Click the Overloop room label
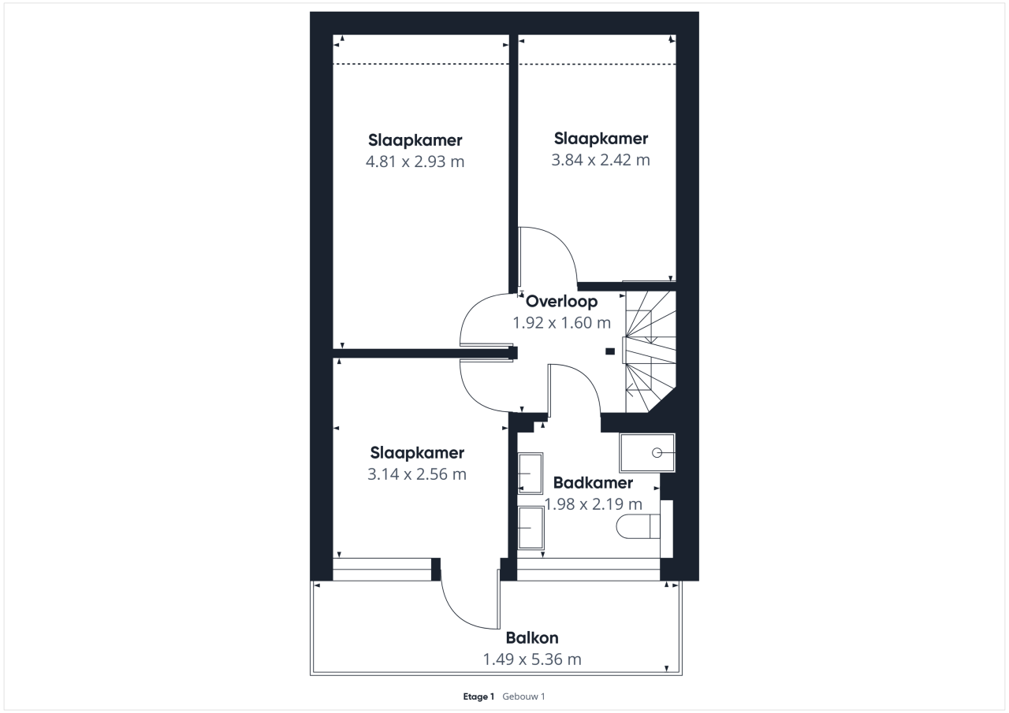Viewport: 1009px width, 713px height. click(562, 301)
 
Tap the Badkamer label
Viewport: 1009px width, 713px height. click(593, 482)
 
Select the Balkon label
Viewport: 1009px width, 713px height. click(532, 638)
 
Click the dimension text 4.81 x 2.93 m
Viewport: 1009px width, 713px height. click(415, 162)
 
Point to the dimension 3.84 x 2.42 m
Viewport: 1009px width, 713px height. click(601, 160)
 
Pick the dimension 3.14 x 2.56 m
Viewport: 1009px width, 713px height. click(417, 474)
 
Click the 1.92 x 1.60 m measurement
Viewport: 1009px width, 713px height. click(562, 323)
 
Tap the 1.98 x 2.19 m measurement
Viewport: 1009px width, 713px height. click(593, 504)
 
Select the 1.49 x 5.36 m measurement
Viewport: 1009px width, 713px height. click(532, 659)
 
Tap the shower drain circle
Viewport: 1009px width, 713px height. click(657, 453)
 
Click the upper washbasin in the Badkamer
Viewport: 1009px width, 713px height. click(531, 473)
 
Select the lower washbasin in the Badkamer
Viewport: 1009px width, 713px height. click(531, 528)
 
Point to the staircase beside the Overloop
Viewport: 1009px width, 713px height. click(650, 351)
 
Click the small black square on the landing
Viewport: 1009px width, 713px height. click(610, 351)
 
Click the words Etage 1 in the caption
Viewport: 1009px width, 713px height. click(478, 696)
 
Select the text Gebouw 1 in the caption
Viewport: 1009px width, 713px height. click(523, 696)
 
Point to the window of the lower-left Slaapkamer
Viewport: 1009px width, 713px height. click(382, 570)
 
